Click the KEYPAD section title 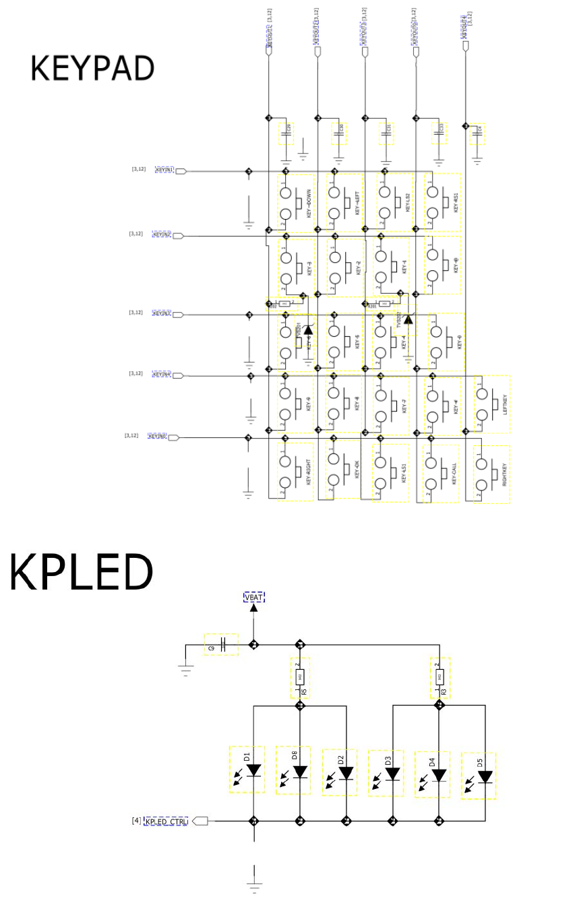(92, 68)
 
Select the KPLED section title (81, 573)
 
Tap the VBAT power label (254, 597)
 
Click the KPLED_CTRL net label (166, 821)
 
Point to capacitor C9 (222, 645)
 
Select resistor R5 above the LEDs (300, 676)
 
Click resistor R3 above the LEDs (439, 676)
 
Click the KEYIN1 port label (164, 170)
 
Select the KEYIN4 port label (162, 374)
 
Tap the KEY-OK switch (345, 470)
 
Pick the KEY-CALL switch (442, 473)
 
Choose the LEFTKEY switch (492, 405)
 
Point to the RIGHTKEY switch (492, 474)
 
